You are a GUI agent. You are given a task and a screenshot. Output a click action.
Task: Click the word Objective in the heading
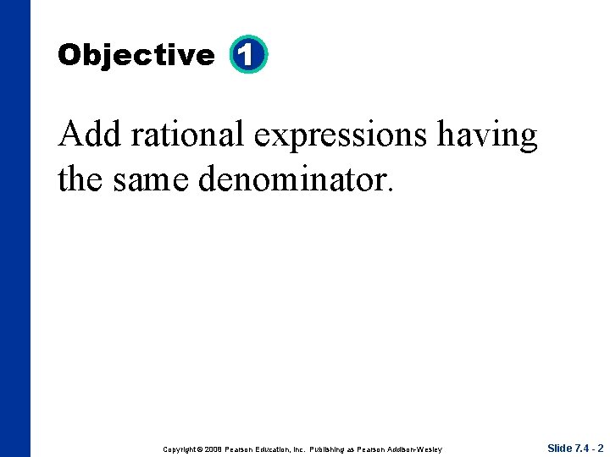point(136,56)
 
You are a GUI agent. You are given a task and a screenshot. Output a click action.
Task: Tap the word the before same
point(80,178)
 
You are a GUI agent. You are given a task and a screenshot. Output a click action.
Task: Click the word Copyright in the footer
point(179,449)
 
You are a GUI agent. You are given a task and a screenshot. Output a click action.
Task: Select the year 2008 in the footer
point(213,449)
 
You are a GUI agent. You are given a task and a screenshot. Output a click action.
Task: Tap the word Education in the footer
point(280,449)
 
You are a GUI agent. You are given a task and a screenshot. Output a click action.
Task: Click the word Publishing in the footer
point(335,449)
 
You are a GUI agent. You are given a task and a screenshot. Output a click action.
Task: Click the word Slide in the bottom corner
point(559,448)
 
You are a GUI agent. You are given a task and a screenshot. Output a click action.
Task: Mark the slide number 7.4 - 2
point(590,448)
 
